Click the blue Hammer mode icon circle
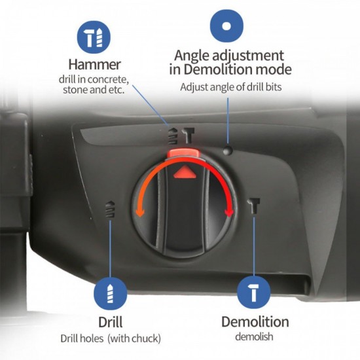[x=94, y=37]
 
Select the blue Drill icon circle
[x=110, y=294]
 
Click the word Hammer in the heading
[x=94, y=65]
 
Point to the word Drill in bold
[x=111, y=322]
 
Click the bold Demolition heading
[x=255, y=321]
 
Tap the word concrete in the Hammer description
[x=108, y=80]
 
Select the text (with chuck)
[x=134, y=338]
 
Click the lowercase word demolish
[x=254, y=337]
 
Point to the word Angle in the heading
[x=192, y=56]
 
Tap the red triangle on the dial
[x=185, y=172]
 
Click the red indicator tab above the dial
[x=183, y=153]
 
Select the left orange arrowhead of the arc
[x=140, y=211]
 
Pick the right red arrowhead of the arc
[x=229, y=212]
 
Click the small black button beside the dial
[x=228, y=150]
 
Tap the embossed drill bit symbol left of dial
[x=111, y=209]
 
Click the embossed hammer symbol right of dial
[x=254, y=206]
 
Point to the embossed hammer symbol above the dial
[x=189, y=135]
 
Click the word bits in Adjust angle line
[x=274, y=87]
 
